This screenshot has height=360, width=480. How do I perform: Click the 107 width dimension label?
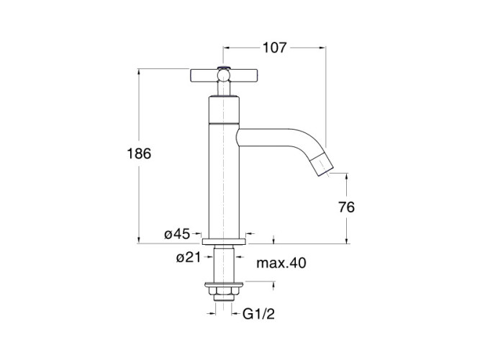275,48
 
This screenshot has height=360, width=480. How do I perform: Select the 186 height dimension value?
139,153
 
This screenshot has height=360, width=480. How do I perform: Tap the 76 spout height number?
347,207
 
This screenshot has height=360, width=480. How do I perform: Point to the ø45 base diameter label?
177,234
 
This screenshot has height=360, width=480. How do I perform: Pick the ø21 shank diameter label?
189,257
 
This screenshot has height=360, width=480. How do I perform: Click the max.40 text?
281,263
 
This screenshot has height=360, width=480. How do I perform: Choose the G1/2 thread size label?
258,314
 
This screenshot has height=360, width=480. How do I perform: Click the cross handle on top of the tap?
224,76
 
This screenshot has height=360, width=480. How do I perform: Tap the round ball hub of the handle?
224,75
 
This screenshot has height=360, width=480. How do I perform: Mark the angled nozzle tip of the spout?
322,165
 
